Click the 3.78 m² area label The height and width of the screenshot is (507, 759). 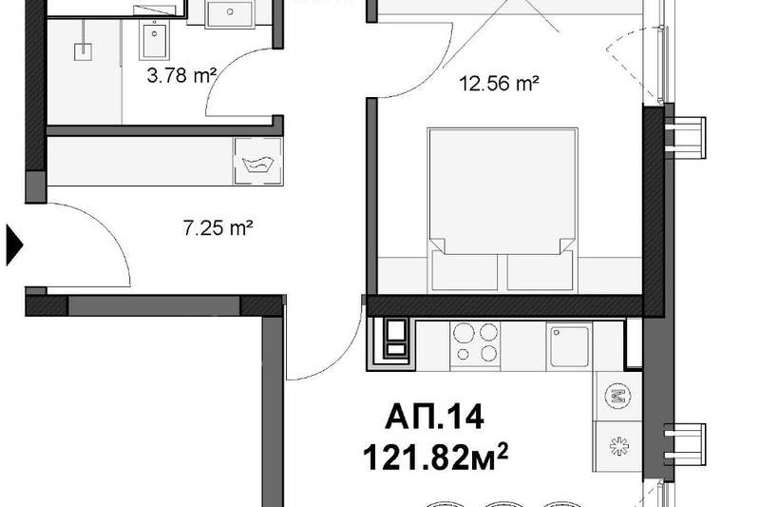pyautogui.click(x=181, y=75)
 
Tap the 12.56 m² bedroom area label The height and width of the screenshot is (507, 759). pyautogui.click(x=499, y=84)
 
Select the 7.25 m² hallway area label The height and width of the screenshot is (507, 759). pyautogui.click(x=218, y=227)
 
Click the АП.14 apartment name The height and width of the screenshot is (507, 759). pyautogui.click(x=435, y=418)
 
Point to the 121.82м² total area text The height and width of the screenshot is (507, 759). pyautogui.click(x=436, y=458)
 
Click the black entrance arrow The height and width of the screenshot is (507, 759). pyautogui.click(x=14, y=244)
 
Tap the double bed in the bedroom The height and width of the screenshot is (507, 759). pyautogui.click(x=503, y=210)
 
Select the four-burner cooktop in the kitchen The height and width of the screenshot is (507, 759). pyautogui.click(x=475, y=345)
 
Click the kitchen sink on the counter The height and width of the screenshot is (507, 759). pyautogui.click(x=570, y=345)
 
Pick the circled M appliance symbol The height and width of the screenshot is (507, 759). pyautogui.click(x=617, y=396)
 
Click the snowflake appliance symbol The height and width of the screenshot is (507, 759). pyautogui.click(x=618, y=446)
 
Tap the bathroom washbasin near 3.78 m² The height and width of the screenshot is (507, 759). pyautogui.click(x=155, y=40)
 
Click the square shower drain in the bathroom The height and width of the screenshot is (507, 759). pyautogui.click(x=84, y=51)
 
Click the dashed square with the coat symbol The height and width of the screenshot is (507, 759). pyautogui.click(x=258, y=162)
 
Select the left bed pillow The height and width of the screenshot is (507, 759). pyautogui.click(x=465, y=271)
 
